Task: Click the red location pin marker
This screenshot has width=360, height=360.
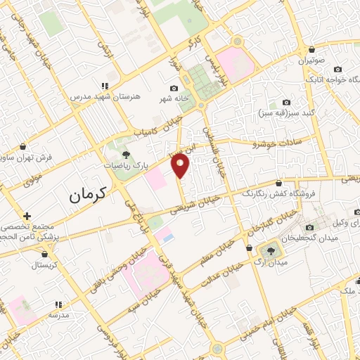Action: (181, 166)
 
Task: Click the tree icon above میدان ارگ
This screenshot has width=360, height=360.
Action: (271, 250)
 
